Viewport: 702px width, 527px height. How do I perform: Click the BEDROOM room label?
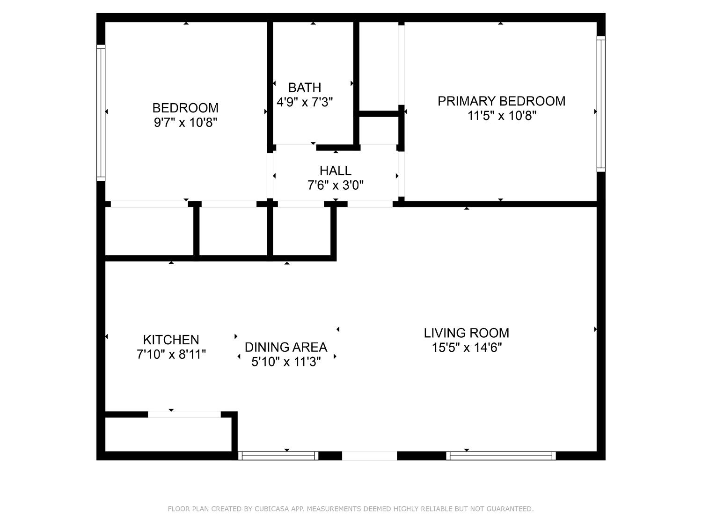click(185, 108)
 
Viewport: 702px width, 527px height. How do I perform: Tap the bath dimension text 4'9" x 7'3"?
click(305, 102)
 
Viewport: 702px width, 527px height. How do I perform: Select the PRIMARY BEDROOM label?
click(501, 101)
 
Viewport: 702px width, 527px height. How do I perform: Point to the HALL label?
click(335, 171)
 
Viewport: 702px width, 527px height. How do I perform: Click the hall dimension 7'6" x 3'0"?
click(335, 186)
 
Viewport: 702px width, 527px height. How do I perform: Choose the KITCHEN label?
click(171, 340)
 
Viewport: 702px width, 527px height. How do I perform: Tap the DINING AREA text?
click(286, 347)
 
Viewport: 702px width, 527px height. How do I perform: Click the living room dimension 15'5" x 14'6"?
click(467, 348)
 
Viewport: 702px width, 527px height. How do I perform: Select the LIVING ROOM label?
click(467, 333)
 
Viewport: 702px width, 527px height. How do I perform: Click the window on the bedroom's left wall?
click(101, 112)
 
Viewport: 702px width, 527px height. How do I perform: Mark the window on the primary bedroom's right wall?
click(601, 104)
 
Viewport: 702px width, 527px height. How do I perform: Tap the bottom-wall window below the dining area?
click(278, 456)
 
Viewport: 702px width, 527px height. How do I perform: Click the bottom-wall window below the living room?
click(501, 456)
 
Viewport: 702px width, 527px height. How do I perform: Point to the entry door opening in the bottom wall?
click(369, 456)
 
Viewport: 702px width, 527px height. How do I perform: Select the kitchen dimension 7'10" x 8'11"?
click(171, 355)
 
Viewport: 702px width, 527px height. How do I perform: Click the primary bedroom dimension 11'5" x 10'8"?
click(501, 116)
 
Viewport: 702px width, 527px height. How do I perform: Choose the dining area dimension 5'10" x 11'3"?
click(286, 362)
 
